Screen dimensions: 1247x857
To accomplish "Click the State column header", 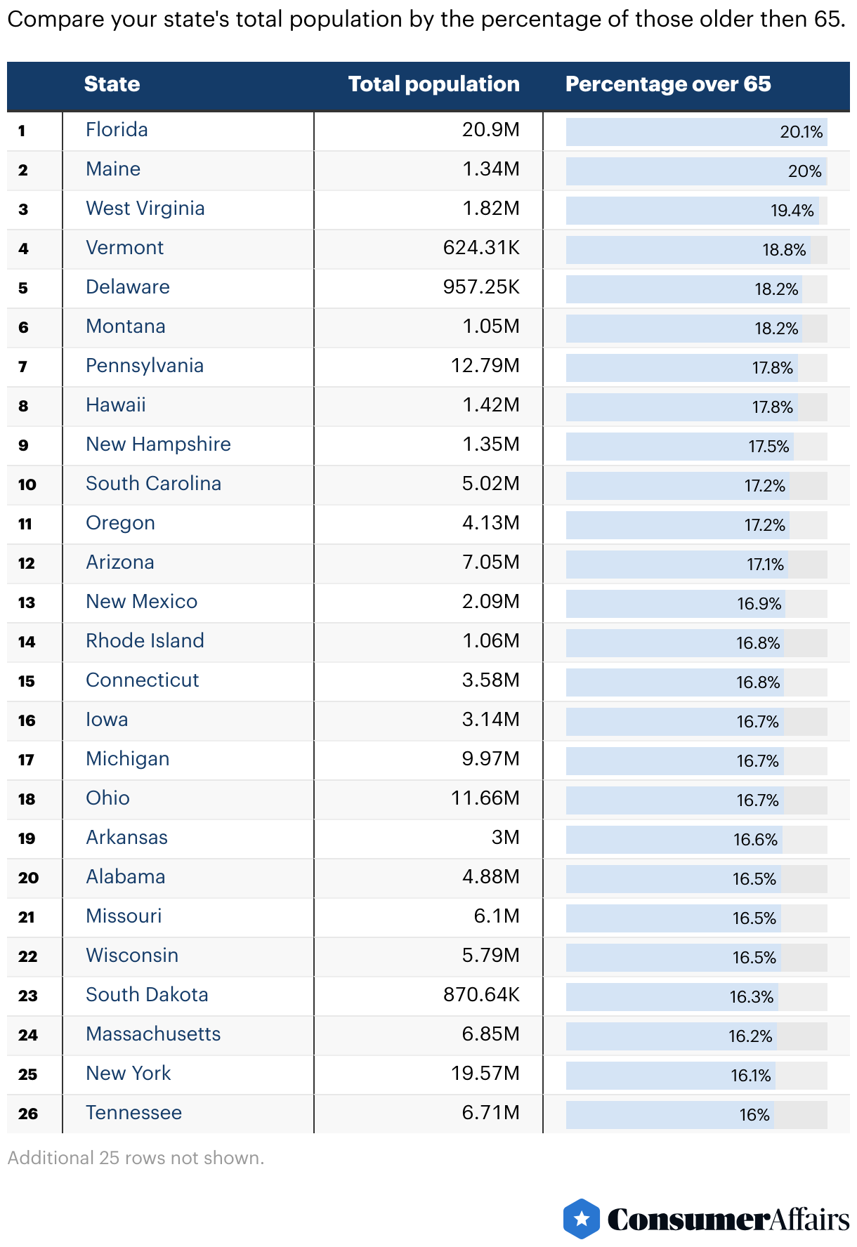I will (x=112, y=84).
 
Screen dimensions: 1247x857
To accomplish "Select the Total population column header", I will (x=433, y=84).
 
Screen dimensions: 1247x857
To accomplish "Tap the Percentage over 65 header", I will (x=667, y=84).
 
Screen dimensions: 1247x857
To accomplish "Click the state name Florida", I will (x=117, y=130).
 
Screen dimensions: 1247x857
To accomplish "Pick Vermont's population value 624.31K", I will (x=481, y=248).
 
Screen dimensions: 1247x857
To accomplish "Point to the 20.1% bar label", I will (x=801, y=132).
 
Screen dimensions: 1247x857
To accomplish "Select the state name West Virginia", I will (x=145, y=209).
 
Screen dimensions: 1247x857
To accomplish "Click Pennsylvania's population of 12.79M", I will (x=485, y=366).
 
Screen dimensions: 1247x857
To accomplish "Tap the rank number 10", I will (x=27, y=484).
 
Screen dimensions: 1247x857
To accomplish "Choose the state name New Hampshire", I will (x=158, y=444).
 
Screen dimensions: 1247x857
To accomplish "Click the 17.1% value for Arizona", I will (x=764, y=565).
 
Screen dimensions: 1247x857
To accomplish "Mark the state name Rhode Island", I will (x=145, y=641).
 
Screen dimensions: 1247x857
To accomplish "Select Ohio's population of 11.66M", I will (x=485, y=798).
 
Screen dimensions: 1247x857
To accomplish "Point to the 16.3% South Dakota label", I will (x=751, y=997).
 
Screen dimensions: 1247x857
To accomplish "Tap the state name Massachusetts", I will (x=153, y=1034).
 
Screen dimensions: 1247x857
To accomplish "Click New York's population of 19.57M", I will (x=485, y=1074).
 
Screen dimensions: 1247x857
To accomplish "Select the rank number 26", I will (x=28, y=1114).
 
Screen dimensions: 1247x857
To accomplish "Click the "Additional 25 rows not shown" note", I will (x=136, y=1158).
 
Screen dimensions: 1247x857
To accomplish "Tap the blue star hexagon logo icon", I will (x=581, y=1218).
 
